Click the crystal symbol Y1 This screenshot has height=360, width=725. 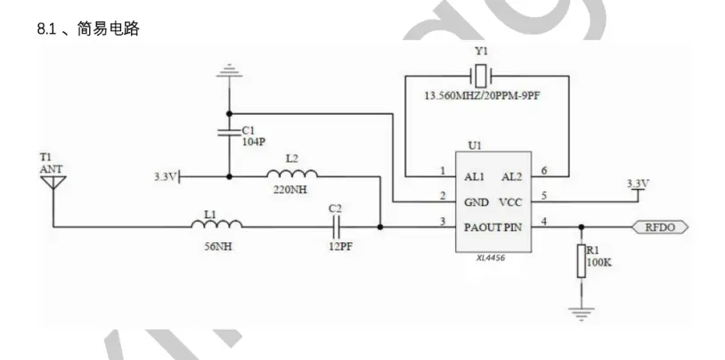(x=481, y=76)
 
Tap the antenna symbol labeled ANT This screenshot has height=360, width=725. (x=53, y=183)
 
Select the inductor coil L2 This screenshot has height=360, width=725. (x=292, y=174)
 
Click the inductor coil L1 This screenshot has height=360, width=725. (x=216, y=224)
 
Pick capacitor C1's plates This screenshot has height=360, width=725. (x=229, y=133)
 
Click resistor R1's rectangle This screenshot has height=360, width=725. (x=582, y=261)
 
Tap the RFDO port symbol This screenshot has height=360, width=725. (x=660, y=227)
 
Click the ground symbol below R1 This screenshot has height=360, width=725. (x=582, y=315)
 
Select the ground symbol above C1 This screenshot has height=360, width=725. (x=229, y=71)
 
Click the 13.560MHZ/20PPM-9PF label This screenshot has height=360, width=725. (x=482, y=97)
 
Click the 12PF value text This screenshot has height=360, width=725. (x=341, y=247)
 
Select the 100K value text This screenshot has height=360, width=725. (x=599, y=263)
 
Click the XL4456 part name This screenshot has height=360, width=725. (x=491, y=258)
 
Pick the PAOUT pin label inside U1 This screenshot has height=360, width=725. (x=483, y=227)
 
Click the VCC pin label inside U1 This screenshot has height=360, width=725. (x=510, y=202)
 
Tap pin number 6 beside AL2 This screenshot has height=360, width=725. (x=544, y=171)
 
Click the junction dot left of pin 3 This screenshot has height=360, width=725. (x=380, y=227)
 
